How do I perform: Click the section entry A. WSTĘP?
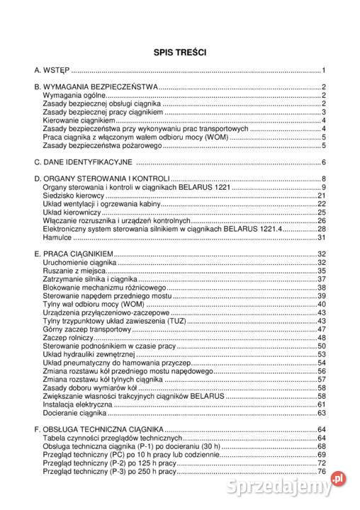[x=52, y=70]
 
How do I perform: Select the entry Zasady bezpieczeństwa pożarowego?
[x=102, y=145]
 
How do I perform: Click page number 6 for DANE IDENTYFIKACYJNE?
[x=322, y=161]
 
